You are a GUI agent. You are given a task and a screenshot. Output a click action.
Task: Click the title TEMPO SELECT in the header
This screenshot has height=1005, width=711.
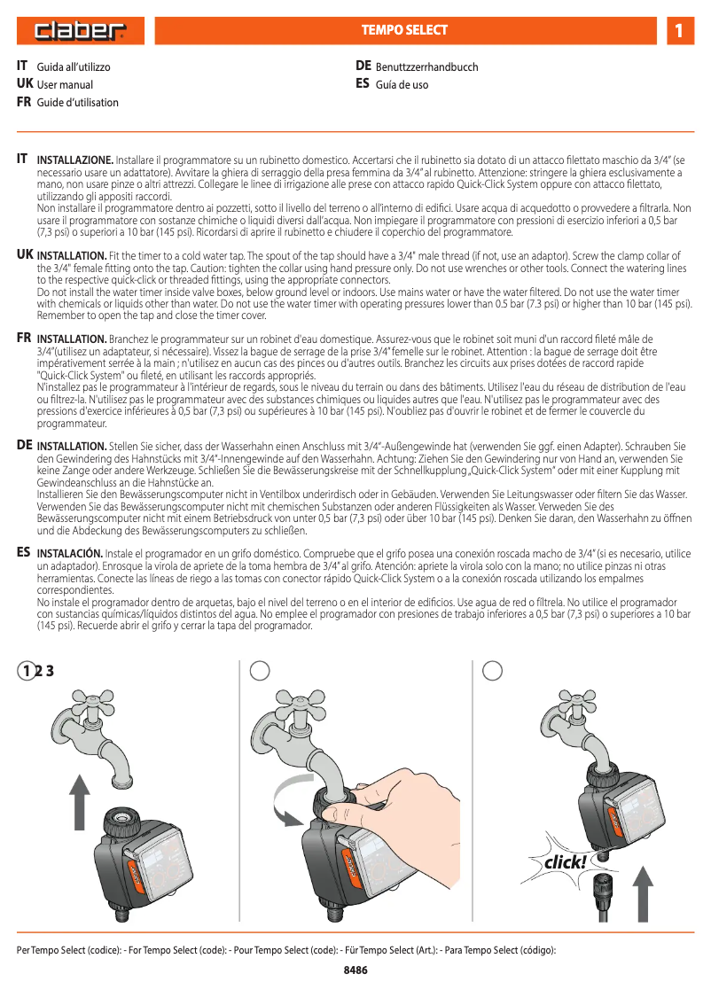(x=404, y=30)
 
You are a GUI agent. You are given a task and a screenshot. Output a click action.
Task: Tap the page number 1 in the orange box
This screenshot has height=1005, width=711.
(x=678, y=31)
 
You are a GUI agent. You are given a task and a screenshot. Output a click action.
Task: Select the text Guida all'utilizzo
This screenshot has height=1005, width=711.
(x=74, y=67)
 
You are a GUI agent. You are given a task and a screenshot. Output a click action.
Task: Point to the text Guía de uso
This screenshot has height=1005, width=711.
(x=402, y=85)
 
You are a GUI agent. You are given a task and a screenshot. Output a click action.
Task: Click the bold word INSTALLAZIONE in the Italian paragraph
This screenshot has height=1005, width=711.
(x=74, y=160)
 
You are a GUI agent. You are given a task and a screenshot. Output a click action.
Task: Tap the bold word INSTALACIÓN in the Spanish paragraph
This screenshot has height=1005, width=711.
(x=71, y=552)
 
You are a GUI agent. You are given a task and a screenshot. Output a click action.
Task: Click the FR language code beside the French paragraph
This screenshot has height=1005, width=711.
(x=24, y=338)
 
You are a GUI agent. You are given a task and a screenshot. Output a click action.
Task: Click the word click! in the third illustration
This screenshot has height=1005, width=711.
(x=564, y=862)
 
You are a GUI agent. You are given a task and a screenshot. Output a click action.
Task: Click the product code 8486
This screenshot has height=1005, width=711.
(x=355, y=970)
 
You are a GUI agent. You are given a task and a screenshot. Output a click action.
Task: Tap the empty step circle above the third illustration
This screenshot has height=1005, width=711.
(x=493, y=671)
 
